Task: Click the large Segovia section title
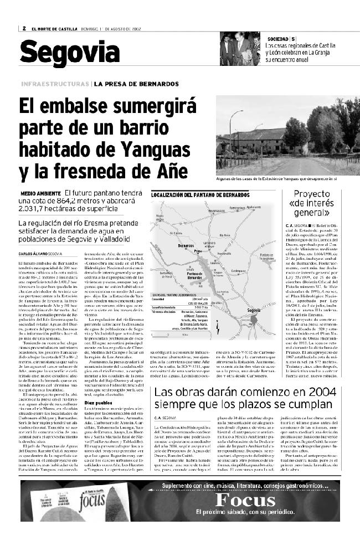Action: (70, 53)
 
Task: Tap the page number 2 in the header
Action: (24, 29)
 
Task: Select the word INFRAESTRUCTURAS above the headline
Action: (55, 84)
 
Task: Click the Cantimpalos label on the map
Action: (239, 271)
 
